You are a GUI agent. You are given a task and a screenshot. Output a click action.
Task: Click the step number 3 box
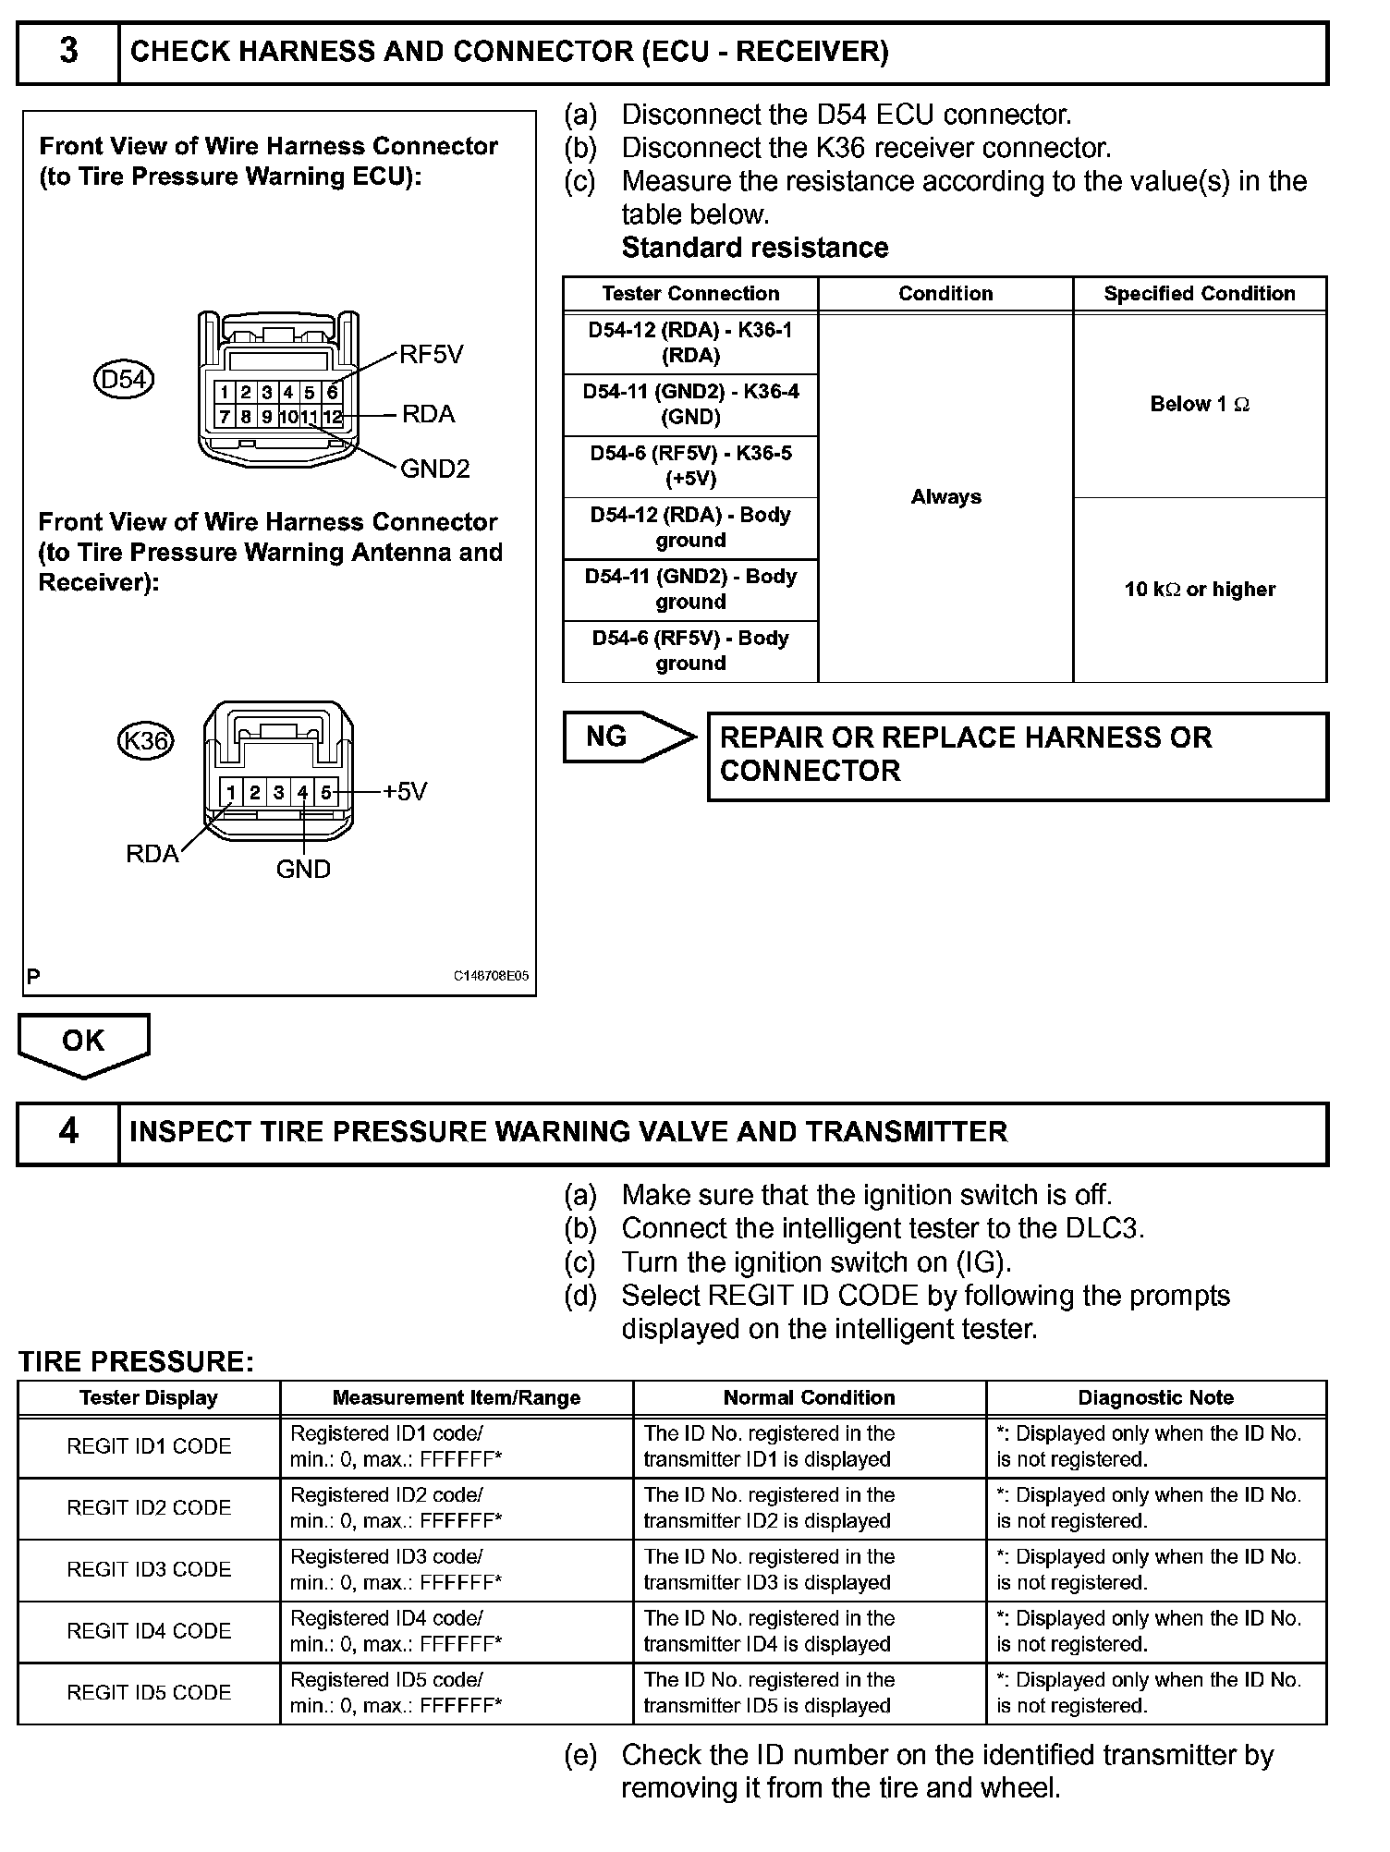click(68, 53)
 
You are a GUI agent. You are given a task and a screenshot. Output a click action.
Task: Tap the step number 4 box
click(68, 1132)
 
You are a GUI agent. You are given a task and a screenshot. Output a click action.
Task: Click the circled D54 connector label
click(124, 379)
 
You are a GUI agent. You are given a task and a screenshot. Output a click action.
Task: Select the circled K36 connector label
click(146, 740)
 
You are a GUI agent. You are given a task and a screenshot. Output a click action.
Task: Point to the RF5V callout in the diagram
click(431, 355)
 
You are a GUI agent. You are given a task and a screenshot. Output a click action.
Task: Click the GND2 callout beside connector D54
click(434, 469)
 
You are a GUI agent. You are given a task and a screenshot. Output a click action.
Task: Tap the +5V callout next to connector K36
click(405, 791)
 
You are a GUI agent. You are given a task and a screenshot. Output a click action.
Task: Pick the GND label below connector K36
click(303, 869)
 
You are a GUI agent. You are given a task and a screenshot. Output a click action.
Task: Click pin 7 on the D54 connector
click(225, 417)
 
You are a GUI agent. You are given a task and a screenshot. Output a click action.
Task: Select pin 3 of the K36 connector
click(278, 792)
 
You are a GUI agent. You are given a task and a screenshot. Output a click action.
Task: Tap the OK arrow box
click(83, 1042)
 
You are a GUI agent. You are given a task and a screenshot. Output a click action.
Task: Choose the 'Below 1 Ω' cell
click(1200, 405)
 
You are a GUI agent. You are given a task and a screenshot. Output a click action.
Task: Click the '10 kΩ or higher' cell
click(1200, 590)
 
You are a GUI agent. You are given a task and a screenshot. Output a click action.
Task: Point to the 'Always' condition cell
click(945, 497)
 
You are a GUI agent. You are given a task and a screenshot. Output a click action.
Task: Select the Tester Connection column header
click(690, 294)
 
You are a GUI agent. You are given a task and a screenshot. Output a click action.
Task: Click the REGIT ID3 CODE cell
click(149, 1569)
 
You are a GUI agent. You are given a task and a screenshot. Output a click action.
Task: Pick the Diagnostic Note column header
click(1155, 1397)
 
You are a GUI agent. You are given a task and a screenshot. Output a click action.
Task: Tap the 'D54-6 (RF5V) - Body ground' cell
click(690, 651)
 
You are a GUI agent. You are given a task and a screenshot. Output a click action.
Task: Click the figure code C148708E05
click(491, 976)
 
